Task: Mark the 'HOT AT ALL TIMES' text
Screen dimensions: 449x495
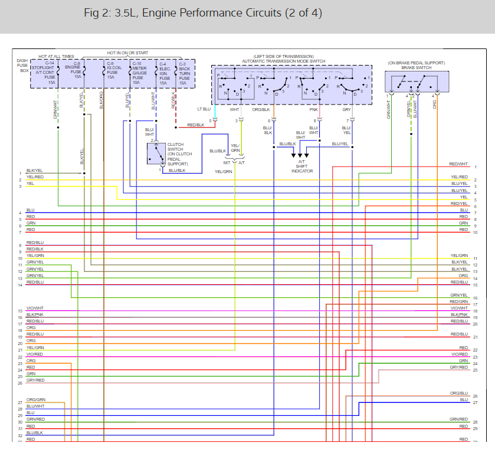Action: coord(56,56)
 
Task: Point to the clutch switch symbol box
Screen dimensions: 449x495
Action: coord(156,154)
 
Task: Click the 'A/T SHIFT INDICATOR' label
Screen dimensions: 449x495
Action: coord(301,166)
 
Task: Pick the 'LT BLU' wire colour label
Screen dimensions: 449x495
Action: coord(204,109)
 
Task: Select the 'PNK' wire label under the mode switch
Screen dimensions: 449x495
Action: coord(313,109)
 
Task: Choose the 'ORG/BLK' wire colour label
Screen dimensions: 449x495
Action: coord(261,109)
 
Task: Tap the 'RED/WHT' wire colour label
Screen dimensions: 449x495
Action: coord(458,164)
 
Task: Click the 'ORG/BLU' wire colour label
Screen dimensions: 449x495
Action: coord(458,393)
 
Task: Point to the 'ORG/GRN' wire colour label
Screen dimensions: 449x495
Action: coord(35,400)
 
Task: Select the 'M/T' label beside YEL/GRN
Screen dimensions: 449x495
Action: coord(227,162)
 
